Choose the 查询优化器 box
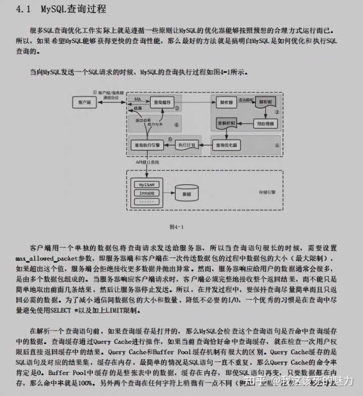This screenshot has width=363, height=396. click(x=225, y=144)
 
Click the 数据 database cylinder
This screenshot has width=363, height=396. click(x=186, y=194)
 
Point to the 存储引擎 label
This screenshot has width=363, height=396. click(x=267, y=193)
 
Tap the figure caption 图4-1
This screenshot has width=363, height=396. click(x=177, y=227)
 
